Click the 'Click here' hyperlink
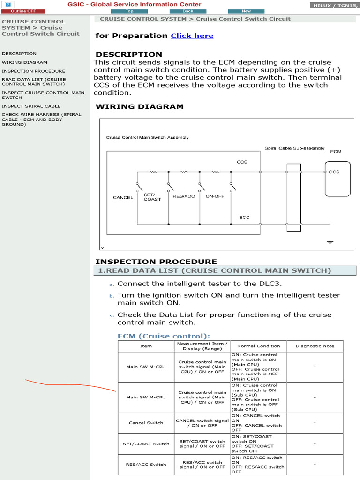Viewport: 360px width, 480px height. pyautogui.click(x=192, y=36)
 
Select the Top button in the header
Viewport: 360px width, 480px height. pyautogui.click(x=129, y=11)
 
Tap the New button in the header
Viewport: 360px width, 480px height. pyautogui.click(x=246, y=11)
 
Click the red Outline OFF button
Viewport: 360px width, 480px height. pyautogui.click(x=23, y=11)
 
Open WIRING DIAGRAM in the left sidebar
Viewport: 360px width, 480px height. pyautogui.click(x=24, y=62)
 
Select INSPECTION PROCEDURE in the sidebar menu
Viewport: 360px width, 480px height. pyautogui.click(x=33, y=71)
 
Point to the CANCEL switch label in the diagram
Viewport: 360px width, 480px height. pyautogui.click(x=123, y=197)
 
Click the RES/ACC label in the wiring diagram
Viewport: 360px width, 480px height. pyautogui.click(x=184, y=196)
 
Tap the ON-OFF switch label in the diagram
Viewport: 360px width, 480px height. pyautogui.click(x=215, y=196)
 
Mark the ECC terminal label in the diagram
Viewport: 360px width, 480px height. pyautogui.click(x=244, y=217)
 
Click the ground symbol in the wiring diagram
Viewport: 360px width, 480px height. pyautogui.click(x=330, y=241)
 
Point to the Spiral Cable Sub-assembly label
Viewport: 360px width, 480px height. pyautogui.click(x=294, y=148)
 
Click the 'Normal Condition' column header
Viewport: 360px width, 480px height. pyautogui.click(x=258, y=346)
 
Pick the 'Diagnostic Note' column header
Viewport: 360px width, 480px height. pyautogui.click(x=315, y=346)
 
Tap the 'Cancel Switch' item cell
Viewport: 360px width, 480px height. pyautogui.click(x=146, y=423)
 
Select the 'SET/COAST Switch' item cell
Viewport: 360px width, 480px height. pyautogui.click(x=146, y=444)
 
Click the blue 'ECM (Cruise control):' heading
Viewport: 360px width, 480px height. pyautogui.click(x=164, y=336)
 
